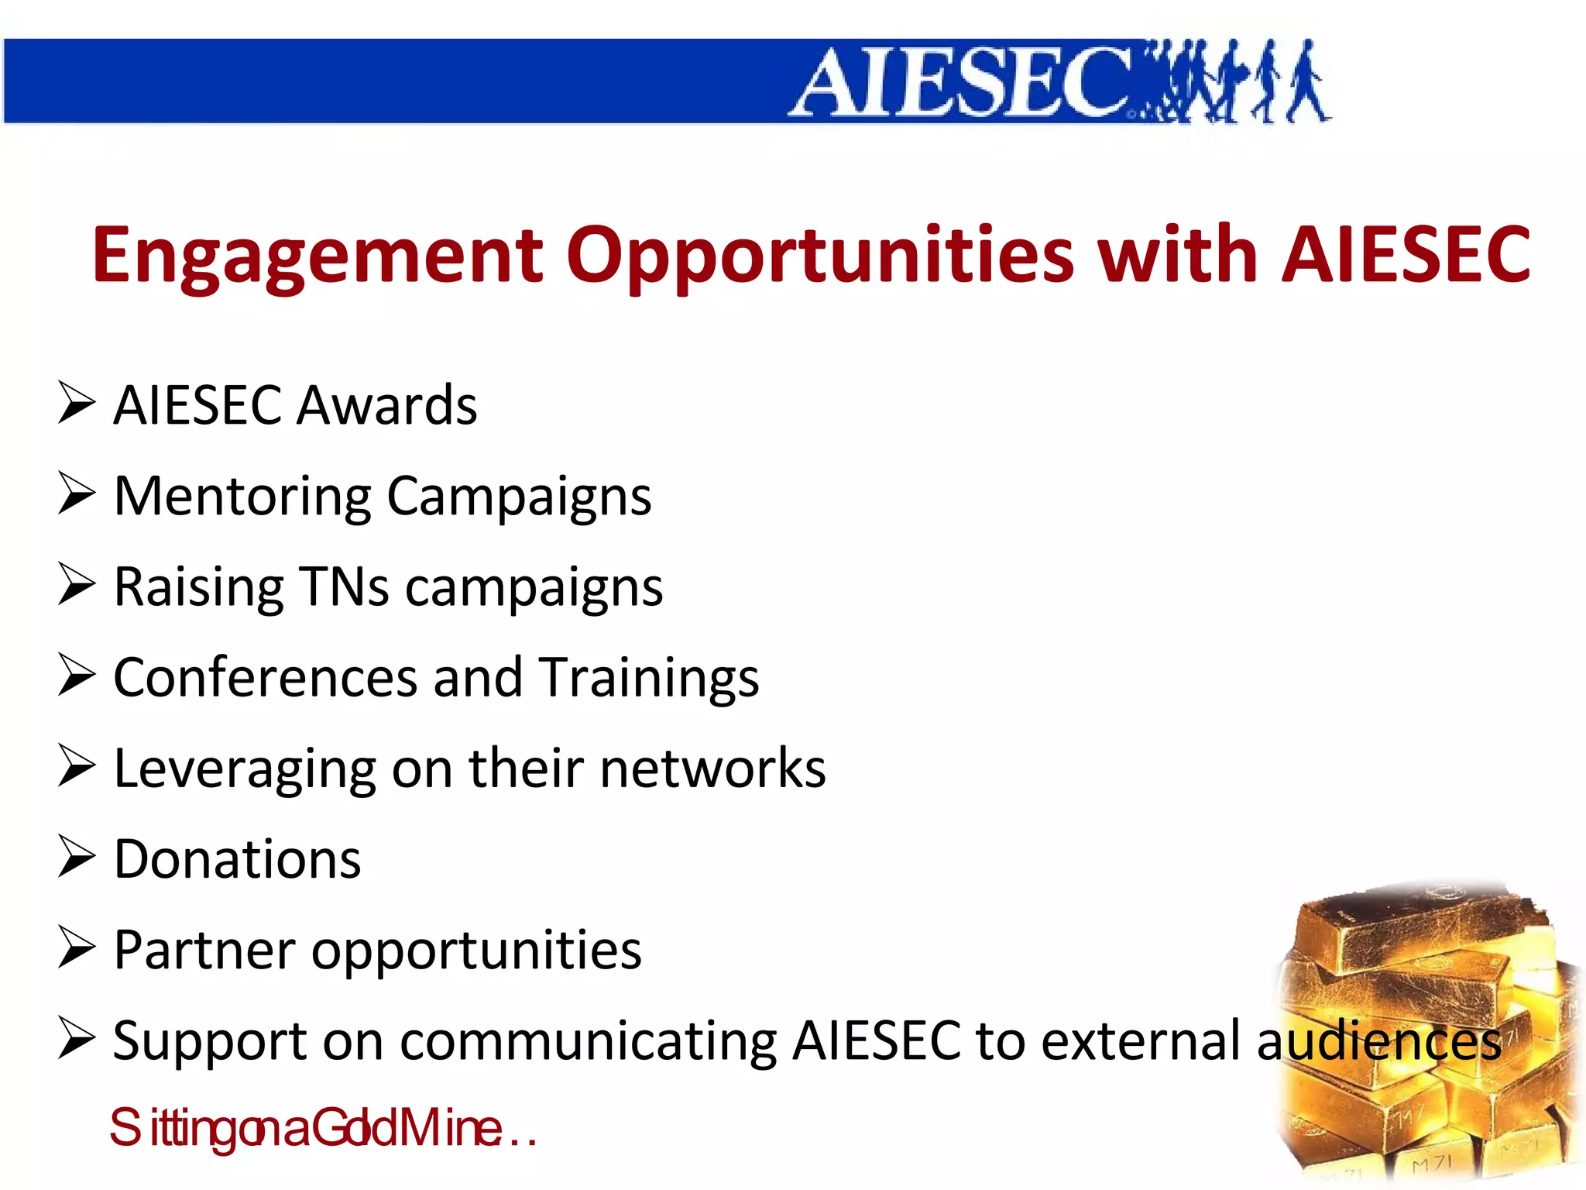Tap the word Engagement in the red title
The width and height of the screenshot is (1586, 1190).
318,256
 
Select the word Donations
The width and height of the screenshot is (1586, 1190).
237,859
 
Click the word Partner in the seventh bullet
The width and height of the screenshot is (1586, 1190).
204,950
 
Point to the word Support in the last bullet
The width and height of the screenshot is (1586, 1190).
210,1042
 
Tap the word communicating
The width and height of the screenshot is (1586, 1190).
589,1042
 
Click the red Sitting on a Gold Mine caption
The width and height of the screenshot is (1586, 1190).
322,1129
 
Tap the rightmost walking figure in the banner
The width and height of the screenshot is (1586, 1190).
1309,81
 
